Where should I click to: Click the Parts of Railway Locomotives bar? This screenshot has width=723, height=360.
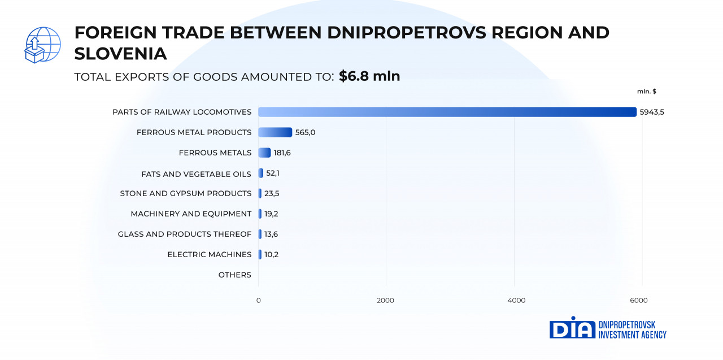pyautogui.click(x=447, y=112)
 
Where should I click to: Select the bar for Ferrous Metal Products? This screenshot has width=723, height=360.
pyautogui.click(x=275, y=132)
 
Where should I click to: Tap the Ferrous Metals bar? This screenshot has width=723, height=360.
pyautogui.click(x=264, y=153)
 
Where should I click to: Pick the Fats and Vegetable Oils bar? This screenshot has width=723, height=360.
pyautogui.click(x=261, y=173)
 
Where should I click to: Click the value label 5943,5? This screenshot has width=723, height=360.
pyautogui.click(x=652, y=112)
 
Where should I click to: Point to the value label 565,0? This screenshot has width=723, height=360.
pyautogui.click(x=305, y=132)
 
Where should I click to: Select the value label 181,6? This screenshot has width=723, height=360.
pyautogui.click(x=282, y=153)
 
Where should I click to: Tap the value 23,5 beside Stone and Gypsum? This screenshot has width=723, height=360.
pyautogui.click(x=272, y=193)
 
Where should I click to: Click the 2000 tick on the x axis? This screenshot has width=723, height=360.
pyautogui.click(x=385, y=300)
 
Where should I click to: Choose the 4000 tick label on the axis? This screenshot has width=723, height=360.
pyautogui.click(x=516, y=300)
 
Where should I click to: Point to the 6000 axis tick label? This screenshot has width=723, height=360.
pyautogui.click(x=639, y=300)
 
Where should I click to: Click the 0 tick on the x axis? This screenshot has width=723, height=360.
pyautogui.click(x=258, y=300)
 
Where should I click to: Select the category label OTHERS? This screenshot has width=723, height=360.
pyautogui.click(x=234, y=275)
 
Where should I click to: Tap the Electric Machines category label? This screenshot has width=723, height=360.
pyautogui.click(x=209, y=254)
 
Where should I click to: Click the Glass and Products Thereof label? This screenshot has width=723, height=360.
pyautogui.click(x=184, y=234)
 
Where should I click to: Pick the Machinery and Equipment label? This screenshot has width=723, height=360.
pyautogui.click(x=191, y=214)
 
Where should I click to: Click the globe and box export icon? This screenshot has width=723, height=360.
pyautogui.click(x=42, y=45)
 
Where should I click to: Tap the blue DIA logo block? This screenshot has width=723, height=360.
pyautogui.click(x=572, y=328)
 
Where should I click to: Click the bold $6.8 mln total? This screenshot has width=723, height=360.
pyautogui.click(x=369, y=76)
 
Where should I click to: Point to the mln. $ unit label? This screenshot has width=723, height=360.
pyautogui.click(x=647, y=92)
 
